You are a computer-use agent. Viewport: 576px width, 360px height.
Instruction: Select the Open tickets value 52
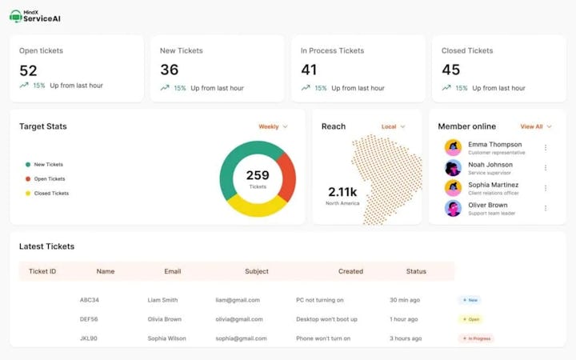coord(28,70)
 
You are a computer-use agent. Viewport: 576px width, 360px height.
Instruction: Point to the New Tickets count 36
coord(169,70)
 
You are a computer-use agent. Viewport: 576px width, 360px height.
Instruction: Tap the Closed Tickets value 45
coord(450,70)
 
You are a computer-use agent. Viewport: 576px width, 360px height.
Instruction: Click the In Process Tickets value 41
coord(309,70)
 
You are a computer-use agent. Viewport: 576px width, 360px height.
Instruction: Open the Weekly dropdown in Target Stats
coord(273,126)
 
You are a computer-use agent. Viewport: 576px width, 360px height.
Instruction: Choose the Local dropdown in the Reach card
coord(393,126)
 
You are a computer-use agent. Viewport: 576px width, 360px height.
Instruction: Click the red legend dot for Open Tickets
coord(28,179)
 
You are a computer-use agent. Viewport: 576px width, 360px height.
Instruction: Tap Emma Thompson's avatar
coord(453,148)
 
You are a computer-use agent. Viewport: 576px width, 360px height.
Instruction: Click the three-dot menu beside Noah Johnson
coord(546,168)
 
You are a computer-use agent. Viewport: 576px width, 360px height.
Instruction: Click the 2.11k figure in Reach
coord(342,192)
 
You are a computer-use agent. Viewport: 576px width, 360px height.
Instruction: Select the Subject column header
coord(257,271)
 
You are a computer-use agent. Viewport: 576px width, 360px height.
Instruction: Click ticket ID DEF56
coord(89,319)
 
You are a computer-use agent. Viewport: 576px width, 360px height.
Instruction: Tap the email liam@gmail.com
coord(238,300)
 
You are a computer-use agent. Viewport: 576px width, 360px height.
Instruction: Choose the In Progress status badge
coord(476,338)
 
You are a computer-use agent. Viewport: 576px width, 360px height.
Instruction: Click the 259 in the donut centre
coord(258,175)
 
